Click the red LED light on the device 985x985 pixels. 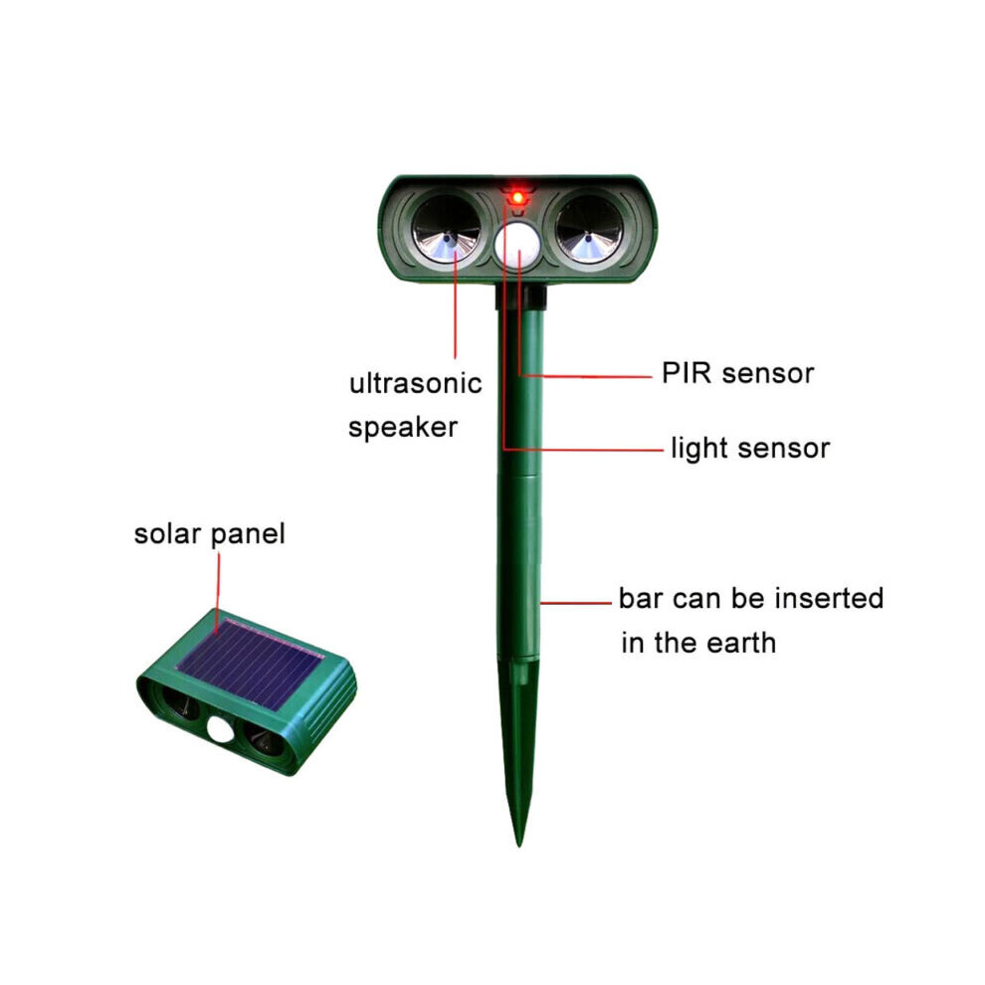[517, 198]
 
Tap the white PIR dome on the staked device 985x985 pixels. [517, 246]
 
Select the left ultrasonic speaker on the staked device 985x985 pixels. [447, 229]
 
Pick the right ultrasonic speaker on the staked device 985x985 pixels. [589, 229]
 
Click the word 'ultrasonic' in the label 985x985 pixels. [416, 383]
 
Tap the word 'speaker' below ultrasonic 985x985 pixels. [403, 428]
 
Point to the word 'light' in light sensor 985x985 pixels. [698, 449]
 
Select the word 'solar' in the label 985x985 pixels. [168, 534]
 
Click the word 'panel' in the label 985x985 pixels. [248, 535]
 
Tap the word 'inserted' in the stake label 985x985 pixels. [829, 598]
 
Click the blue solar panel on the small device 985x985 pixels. [252, 664]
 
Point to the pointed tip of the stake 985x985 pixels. [519, 846]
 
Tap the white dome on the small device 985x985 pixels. [219, 728]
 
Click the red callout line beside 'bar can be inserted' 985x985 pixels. [575, 603]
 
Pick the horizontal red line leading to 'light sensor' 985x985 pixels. [584, 450]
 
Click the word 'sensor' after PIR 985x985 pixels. [768, 374]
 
